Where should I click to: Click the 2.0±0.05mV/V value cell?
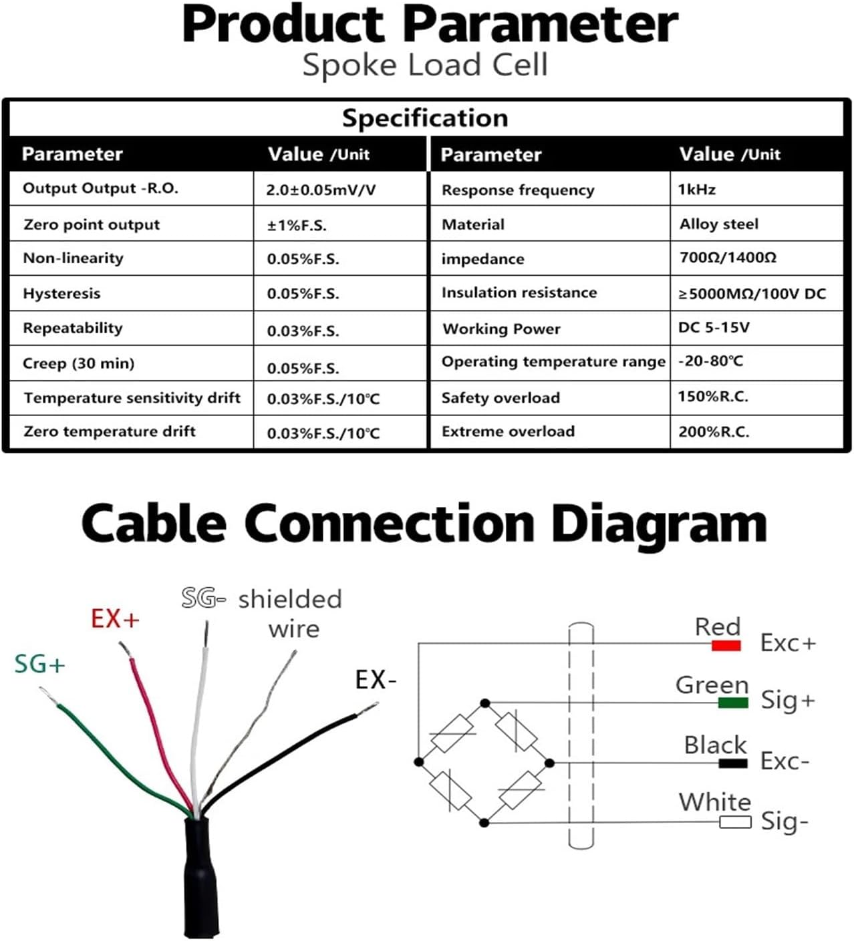tap(321, 190)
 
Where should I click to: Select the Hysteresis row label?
tap(61, 293)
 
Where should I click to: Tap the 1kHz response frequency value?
tap(696, 190)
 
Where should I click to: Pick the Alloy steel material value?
tap(719, 224)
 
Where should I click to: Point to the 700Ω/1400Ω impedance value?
tap(728, 258)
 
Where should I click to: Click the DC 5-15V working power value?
tap(714, 327)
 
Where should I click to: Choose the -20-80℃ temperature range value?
tap(710, 361)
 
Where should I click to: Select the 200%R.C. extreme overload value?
tap(714, 432)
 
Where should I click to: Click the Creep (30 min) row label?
tap(79, 363)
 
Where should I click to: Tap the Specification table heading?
tap(425, 118)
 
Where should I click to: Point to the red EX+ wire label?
tap(115, 619)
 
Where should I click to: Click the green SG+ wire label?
tap(40, 665)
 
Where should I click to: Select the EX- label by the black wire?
tap(376, 680)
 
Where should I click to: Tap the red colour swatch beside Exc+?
tap(726, 645)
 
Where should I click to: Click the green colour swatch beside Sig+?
tap(732, 703)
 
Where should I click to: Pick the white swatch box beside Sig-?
tap(735, 822)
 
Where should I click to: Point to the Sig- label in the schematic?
tap(785, 821)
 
